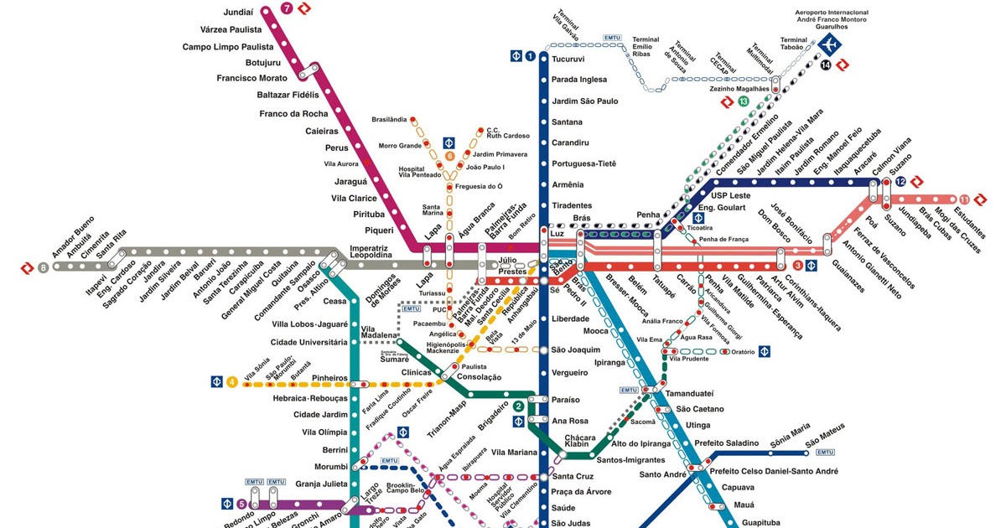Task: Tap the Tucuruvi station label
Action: [x=568, y=60]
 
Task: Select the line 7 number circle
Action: [x=288, y=9]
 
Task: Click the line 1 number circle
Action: [x=531, y=56]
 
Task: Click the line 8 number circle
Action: [x=44, y=267]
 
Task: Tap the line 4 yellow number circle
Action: [x=231, y=383]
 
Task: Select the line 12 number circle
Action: [x=900, y=181]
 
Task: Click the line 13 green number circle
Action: [x=743, y=101]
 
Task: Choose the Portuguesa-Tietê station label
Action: [x=583, y=163]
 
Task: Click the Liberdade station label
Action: [x=571, y=318]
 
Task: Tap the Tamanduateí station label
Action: [x=689, y=393]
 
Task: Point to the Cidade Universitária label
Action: [x=309, y=342]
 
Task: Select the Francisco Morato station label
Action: [x=251, y=78]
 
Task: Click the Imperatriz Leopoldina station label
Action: [x=371, y=251]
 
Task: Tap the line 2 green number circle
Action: [x=519, y=407]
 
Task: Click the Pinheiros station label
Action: [x=329, y=378]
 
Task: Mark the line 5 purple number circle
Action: [x=241, y=504]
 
